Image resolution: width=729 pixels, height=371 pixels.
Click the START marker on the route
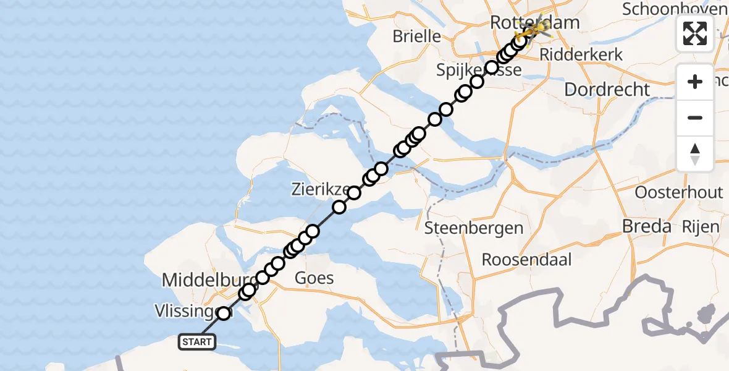pos(197,341)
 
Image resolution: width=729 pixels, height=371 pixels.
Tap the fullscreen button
pos(695,33)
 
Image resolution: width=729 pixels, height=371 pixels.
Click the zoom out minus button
pos(695,117)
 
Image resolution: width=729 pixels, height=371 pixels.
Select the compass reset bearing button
pos(695,154)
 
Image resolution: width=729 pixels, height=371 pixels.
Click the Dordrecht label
pos(607,90)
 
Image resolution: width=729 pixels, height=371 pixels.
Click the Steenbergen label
pos(473,228)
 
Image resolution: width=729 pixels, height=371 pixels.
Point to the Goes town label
pos(314,278)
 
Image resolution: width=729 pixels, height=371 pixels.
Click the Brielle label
pos(416,36)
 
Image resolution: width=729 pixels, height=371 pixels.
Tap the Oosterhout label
pos(678,192)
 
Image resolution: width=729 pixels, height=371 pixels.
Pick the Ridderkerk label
pos(581,54)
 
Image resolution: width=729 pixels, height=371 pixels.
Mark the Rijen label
pos(701,227)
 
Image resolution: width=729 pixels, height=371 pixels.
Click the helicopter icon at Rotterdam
pos(535,28)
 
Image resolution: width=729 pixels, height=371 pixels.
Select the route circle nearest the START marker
pos(223,313)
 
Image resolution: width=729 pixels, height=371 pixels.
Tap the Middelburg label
pos(201,280)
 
